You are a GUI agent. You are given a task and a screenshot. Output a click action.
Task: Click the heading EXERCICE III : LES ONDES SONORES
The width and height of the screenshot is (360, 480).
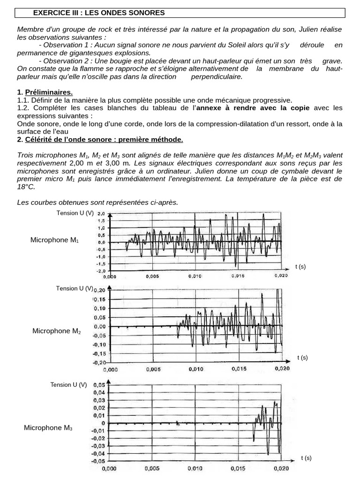coord(98,13)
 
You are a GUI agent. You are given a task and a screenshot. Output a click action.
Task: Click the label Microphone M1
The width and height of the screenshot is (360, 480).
coord(55,240)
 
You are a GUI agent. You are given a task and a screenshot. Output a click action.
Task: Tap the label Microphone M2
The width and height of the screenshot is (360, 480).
coord(57,331)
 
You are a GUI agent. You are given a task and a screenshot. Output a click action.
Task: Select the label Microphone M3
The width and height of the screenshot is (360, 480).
coord(48,427)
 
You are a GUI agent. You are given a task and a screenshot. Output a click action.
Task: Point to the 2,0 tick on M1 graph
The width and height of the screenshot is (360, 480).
coord(101,213)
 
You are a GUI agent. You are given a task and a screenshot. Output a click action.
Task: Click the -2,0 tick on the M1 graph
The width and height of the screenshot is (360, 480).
coord(100,271)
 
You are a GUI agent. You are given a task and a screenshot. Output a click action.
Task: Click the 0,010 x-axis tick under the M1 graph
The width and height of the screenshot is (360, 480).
coord(195,277)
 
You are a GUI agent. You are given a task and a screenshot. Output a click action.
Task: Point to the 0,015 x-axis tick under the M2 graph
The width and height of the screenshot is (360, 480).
coord(239,369)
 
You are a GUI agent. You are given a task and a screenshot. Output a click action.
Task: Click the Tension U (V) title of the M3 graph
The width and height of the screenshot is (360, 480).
coord(69,385)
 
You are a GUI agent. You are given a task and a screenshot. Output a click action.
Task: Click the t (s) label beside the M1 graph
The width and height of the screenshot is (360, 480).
coord(300,267)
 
